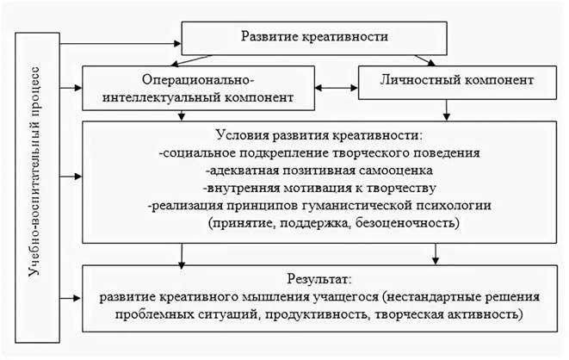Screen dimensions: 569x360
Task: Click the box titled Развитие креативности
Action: click(314, 39)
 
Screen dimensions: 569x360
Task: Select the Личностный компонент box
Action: click(457, 83)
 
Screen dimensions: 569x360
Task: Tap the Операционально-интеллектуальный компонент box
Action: click(198, 88)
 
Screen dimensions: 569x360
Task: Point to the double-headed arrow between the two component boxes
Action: click(337, 88)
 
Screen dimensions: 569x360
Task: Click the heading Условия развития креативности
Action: click(319, 135)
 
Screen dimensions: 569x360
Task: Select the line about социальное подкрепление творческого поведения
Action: click(319, 152)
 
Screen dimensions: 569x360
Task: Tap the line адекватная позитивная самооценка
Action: click(319, 171)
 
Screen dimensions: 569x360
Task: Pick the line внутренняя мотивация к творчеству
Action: click(319, 188)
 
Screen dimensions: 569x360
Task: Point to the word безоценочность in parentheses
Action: click(405, 222)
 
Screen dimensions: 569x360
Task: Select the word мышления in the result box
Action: click(275, 297)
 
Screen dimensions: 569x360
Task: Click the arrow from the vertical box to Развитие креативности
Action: click(121, 44)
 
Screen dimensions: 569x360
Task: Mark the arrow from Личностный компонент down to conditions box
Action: click(447, 110)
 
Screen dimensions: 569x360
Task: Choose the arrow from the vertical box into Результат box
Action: click(71, 298)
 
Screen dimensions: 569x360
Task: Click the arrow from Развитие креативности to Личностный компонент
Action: click(424, 60)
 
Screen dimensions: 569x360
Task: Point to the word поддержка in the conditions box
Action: click(313, 222)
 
